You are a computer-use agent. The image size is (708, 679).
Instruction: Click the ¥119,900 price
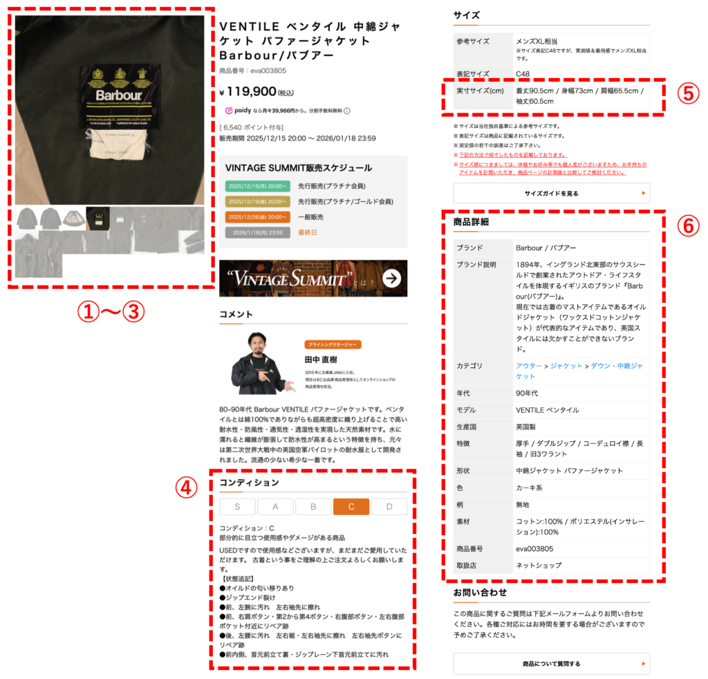click(248, 91)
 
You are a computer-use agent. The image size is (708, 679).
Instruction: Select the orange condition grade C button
click(351, 507)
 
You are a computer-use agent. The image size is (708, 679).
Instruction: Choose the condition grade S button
click(237, 507)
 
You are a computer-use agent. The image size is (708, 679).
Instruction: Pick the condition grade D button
click(389, 507)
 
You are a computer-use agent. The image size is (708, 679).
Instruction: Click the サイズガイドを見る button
click(551, 193)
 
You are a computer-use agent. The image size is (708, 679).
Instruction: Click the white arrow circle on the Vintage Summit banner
click(391, 279)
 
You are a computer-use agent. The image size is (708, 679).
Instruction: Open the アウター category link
click(529, 366)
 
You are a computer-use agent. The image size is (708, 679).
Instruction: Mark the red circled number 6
click(687, 225)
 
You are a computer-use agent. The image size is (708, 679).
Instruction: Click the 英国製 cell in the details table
click(529, 427)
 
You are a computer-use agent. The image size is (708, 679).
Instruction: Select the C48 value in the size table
click(523, 74)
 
